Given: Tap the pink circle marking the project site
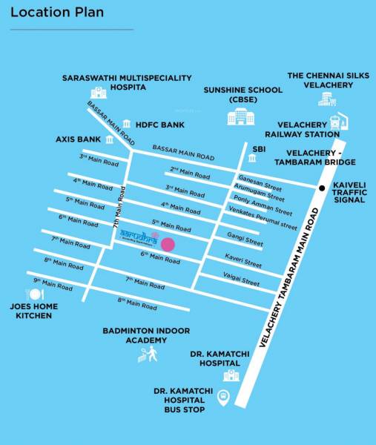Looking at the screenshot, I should click(168, 244).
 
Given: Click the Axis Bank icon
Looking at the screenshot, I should click(110, 139).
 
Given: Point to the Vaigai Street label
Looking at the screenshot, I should click(241, 280).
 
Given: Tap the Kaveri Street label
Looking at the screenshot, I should click(243, 262).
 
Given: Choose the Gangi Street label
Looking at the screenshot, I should click(244, 240).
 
